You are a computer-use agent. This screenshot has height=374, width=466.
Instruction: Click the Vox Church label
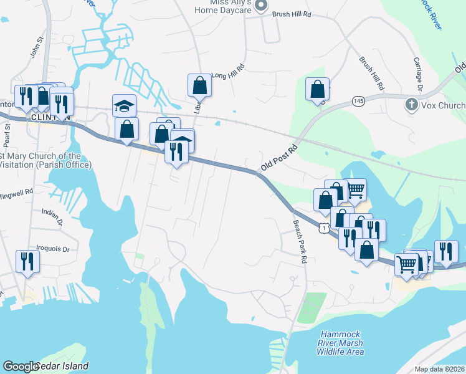pos(443,105)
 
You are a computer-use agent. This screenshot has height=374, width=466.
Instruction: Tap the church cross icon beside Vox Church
pos(411,105)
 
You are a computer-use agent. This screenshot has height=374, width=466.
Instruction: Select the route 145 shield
pos(358,100)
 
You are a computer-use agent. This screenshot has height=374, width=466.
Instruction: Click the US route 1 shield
pos(323,229)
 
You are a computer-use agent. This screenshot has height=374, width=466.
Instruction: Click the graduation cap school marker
pos(124,105)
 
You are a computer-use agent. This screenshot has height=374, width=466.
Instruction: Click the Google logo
pos(21,367)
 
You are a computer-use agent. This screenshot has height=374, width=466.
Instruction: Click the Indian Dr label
pos(52,216)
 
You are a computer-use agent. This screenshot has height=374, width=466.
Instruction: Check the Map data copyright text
pos(439,369)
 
